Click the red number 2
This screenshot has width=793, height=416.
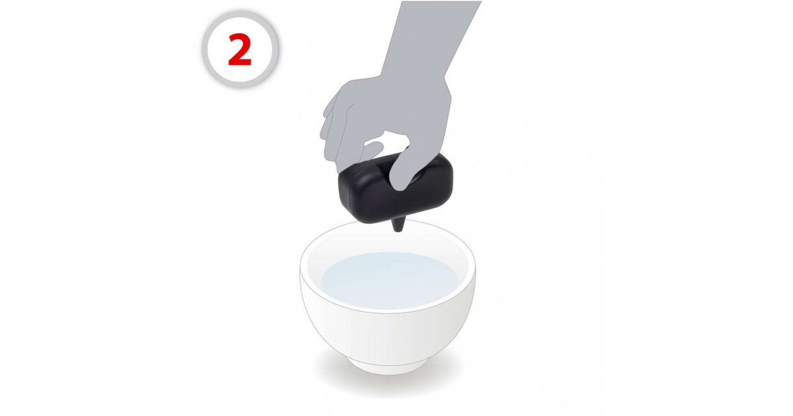[x=240, y=50]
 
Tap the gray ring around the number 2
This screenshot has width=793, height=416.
[x=206, y=50]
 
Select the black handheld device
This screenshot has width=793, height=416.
[x=395, y=190]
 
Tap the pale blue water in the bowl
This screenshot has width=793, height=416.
[x=389, y=279]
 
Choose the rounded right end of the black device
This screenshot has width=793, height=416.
[x=444, y=184]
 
